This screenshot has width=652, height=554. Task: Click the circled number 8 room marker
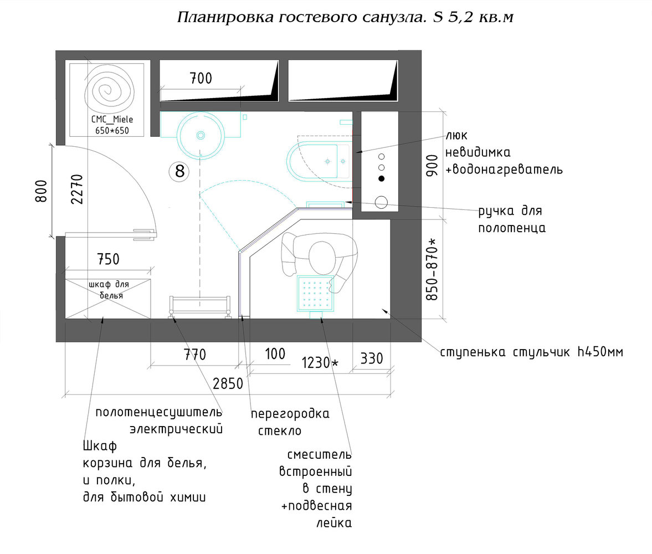pyautogui.click(x=179, y=171)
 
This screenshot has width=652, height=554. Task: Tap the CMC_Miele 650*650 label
pyautogui.click(x=112, y=125)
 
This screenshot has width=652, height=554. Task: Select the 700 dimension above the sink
pyautogui.click(x=201, y=79)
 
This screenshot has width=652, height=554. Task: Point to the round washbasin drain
pyautogui.click(x=201, y=135)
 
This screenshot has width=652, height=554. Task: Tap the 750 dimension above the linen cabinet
pyautogui.click(x=108, y=259)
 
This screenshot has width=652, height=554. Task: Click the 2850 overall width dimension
pyautogui.click(x=228, y=383)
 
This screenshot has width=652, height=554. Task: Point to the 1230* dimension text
pyautogui.click(x=320, y=363)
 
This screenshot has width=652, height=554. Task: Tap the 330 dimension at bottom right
pyautogui.click(x=371, y=358)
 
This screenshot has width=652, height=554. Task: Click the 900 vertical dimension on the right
pyautogui.click(x=432, y=165)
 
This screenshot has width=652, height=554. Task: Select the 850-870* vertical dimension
pyautogui.click(x=433, y=270)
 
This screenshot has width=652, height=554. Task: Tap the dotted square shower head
pyautogui.click(x=316, y=294)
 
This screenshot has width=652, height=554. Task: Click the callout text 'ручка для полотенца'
pyautogui.click(x=512, y=219)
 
